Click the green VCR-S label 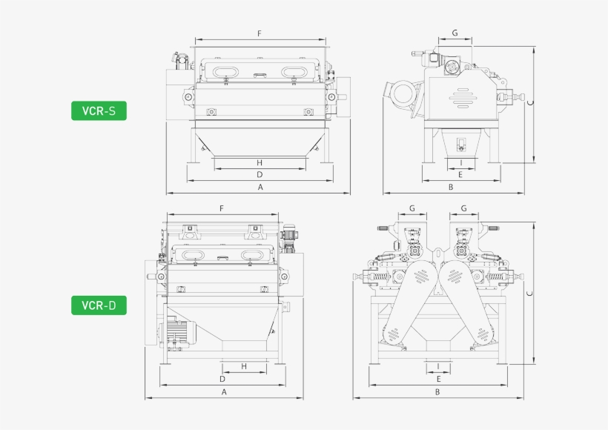tap(99, 112)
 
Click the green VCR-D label tap(99, 305)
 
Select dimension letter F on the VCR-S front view tap(259, 33)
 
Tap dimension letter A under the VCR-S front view tap(260, 188)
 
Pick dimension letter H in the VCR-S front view tap(260, 162)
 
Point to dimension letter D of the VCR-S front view tap(260, 175)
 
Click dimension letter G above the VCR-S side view tap(455, 33)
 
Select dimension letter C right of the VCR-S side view tap(529, 104)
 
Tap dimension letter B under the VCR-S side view tap(450, 188)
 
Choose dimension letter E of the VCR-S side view tap(460, 175)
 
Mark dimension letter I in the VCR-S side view tap(460, 162)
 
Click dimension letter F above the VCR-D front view tap(222, 208)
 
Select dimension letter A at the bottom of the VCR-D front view tap(223, 391)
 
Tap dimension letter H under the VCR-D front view tap(244, 366)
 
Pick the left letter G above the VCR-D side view tap(412, 208)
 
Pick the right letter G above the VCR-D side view tap(463, 208)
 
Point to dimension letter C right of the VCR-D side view tap(529, 294)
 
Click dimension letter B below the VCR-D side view tap(437, 391)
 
